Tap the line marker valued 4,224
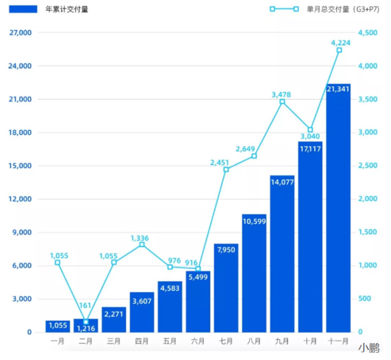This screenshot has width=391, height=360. click(339, 50)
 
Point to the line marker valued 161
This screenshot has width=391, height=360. click(85, 321)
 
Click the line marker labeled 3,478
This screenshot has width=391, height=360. click(282, 102)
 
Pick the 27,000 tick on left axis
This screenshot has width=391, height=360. click(21, 33)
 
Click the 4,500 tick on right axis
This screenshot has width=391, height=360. click(368, 33)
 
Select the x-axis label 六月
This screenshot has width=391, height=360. click(198, 340)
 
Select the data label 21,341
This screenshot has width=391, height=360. click(338, 89)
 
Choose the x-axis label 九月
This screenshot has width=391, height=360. click(282, 340)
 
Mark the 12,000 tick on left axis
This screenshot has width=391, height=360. click(21, 200)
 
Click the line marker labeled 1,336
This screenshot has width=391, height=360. click(142, 245)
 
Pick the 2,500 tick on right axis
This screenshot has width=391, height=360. click(368, 166)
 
